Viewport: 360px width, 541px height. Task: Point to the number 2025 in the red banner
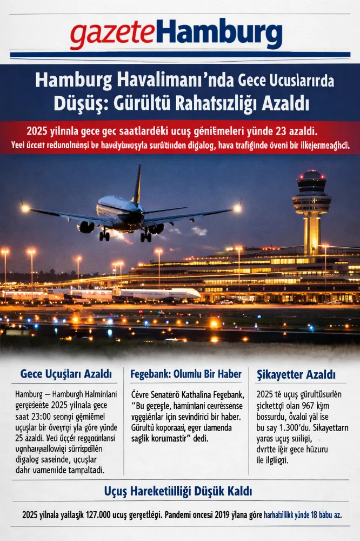(38, 131)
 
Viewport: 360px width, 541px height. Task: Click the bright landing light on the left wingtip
(25, 208)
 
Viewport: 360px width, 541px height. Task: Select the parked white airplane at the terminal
(156, 293)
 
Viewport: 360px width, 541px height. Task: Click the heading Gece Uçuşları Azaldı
(66, 374)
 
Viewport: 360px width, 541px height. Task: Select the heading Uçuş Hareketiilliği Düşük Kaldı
(178, 491)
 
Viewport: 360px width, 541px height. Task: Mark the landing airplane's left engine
(86, 227)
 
